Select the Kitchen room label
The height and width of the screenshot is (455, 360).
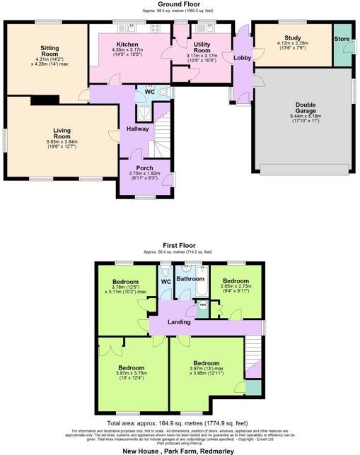127,45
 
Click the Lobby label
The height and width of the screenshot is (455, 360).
242,58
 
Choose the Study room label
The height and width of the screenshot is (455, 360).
292,37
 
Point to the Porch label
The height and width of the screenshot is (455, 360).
145,168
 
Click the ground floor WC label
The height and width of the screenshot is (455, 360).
150,91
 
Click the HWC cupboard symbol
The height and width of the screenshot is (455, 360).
202,307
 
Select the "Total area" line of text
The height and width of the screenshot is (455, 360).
179,424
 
